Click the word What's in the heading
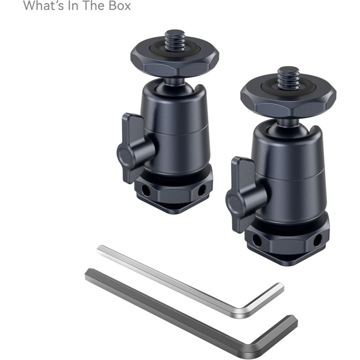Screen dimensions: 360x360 [41, 6]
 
